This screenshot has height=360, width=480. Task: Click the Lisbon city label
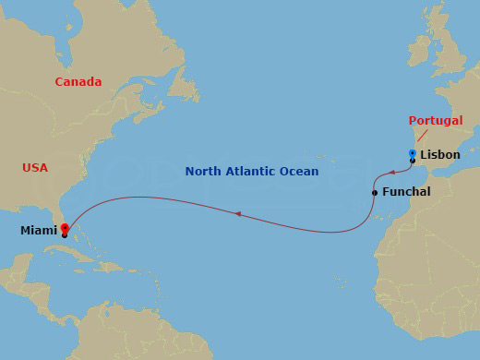[439, 155]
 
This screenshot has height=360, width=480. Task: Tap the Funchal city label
[406, 192]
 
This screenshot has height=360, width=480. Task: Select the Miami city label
[38, 231]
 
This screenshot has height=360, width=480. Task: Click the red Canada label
[78, 82]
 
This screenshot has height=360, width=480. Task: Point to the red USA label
[35, 168]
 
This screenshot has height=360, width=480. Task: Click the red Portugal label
[436, 121]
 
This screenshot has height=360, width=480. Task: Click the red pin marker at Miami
[65, 228]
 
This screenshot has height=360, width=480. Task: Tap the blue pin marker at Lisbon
[413, 154]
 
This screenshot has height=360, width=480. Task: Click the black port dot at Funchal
[375, 193]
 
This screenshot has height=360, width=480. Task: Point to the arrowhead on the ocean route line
[237, 214]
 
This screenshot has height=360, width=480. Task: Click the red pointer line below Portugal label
[422, 136]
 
